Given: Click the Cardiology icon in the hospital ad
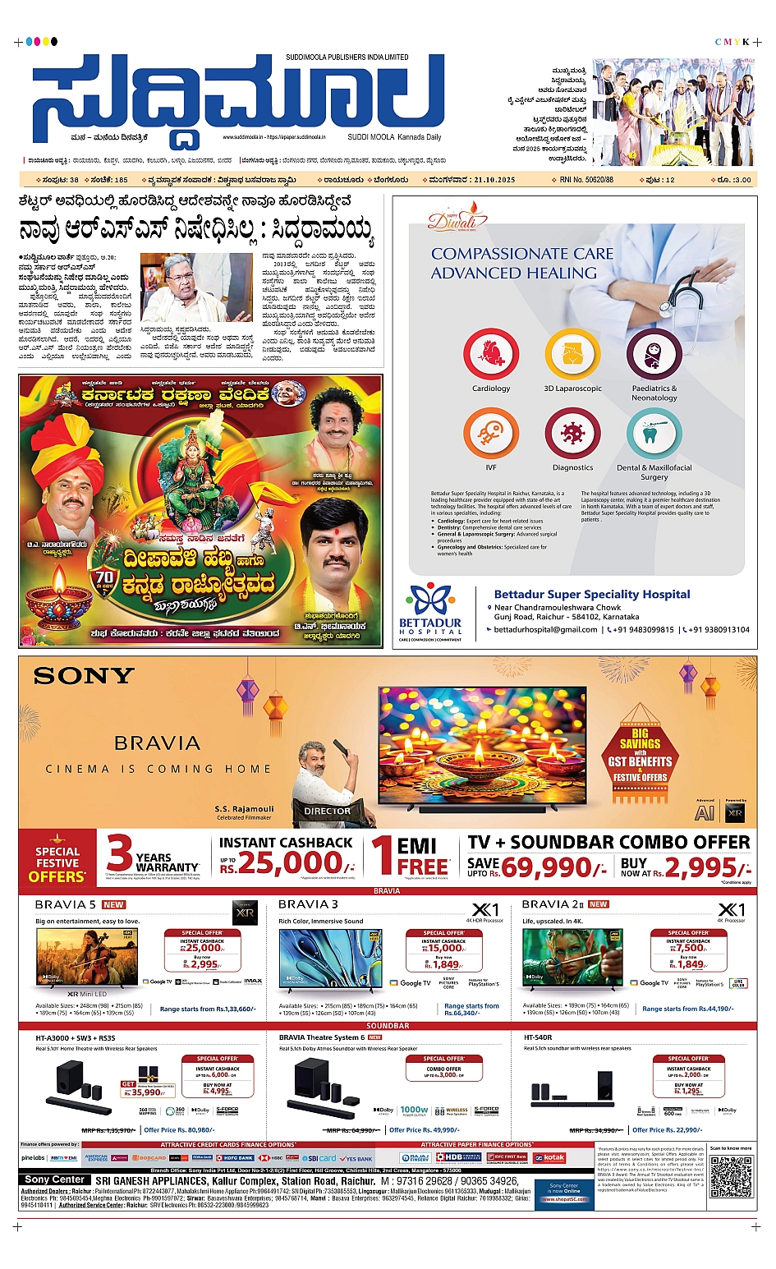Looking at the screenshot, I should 491,354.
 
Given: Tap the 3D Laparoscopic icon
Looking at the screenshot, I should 572,354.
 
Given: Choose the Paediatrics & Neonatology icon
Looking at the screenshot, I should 654,354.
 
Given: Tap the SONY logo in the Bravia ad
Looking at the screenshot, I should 84,676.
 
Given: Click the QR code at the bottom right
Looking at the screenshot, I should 730,1175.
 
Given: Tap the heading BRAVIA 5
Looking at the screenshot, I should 66,904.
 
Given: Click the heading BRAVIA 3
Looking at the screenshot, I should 308,904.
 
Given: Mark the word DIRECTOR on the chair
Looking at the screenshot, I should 327,811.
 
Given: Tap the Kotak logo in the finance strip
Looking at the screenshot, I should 549,1157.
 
